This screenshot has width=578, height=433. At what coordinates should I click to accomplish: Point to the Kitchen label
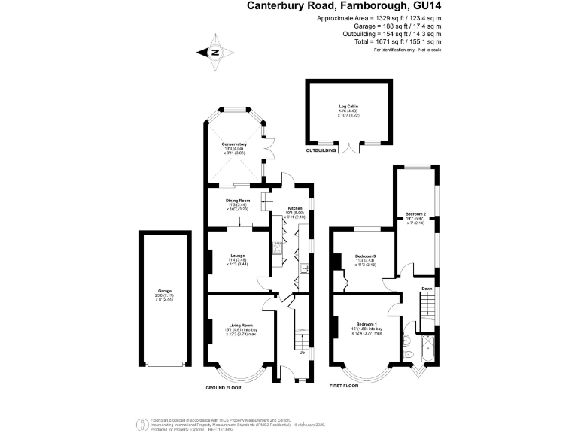[295, 209]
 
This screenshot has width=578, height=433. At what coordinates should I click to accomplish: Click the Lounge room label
[238, 256]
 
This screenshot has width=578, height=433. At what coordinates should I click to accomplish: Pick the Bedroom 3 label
[365, 256]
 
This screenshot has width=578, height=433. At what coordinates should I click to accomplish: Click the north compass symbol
[214, 53]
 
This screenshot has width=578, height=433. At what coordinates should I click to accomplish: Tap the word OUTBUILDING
[321, 151]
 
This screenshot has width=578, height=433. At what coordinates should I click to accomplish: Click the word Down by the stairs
[427, 289]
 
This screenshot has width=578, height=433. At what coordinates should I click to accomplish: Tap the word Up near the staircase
[303, 352]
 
